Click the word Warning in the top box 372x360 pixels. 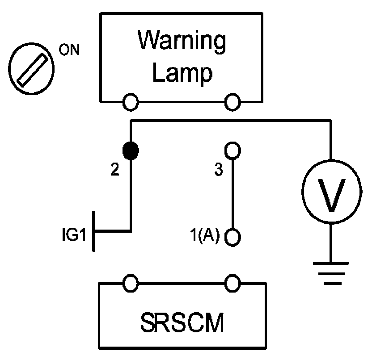(x=182, y=42)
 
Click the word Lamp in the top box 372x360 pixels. (x=182, y=73)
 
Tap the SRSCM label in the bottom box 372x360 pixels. (x=182, y=322)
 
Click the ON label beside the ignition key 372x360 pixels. (x=69, y=50)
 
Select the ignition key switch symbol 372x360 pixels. (x=31, y=69)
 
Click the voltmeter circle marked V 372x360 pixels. (x=332, y=191)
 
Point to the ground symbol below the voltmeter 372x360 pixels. (x=331, y=273)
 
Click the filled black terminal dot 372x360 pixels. (x=131, y=151)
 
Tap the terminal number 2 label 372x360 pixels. (x=115, y=169)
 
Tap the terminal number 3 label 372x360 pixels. (x=219, y=169)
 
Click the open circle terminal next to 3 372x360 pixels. (x=232, y=150)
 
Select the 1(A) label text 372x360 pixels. (x=205, y=235)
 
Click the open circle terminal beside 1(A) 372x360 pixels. (x=232, y=237)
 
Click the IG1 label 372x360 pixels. (x=74, y=234)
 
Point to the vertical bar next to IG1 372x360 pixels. (x=94, y=231)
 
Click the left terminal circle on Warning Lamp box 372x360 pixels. (x=131, y=102)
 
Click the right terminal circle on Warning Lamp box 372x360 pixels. (x=232, y=102)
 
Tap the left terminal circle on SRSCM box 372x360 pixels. (x=131, y=283)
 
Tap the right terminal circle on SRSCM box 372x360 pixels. (x=232, y=283)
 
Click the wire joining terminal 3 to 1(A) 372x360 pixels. (x=232, y=194)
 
